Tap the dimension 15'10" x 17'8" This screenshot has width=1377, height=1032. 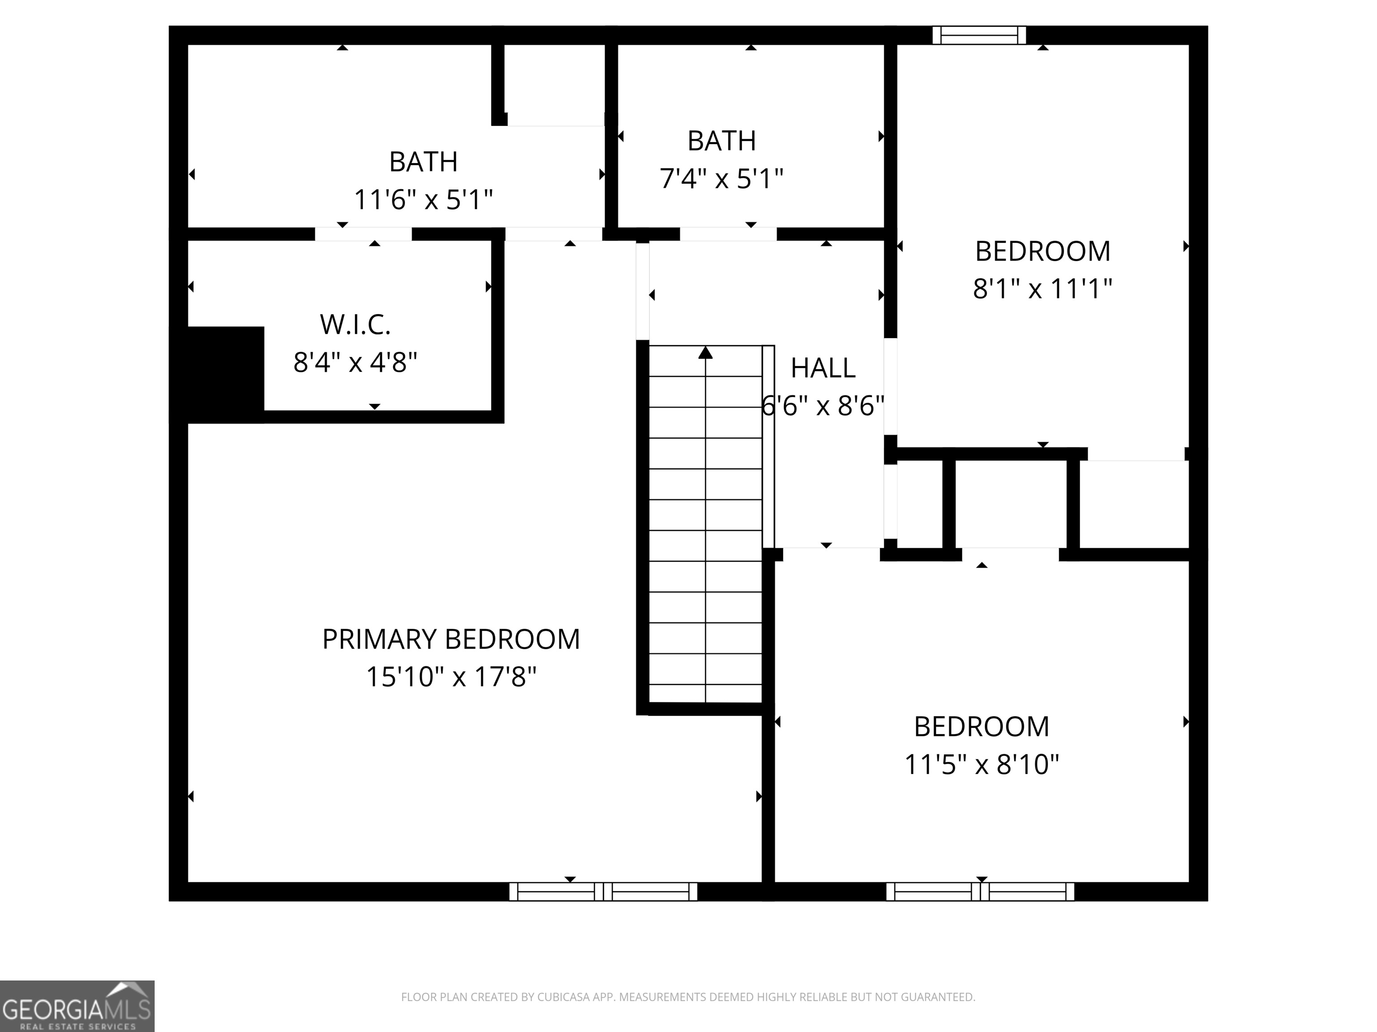[450, 677]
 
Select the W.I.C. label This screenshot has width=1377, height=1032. [355, 324]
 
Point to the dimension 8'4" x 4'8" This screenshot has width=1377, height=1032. [355, 362]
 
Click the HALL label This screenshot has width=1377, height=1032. [823, 368]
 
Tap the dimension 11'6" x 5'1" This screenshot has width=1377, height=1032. [423, 200]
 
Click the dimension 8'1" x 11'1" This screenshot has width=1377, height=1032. [1042, 288]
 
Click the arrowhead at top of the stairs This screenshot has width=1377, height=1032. [705, 353]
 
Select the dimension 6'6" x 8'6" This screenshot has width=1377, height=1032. [823, 407]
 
